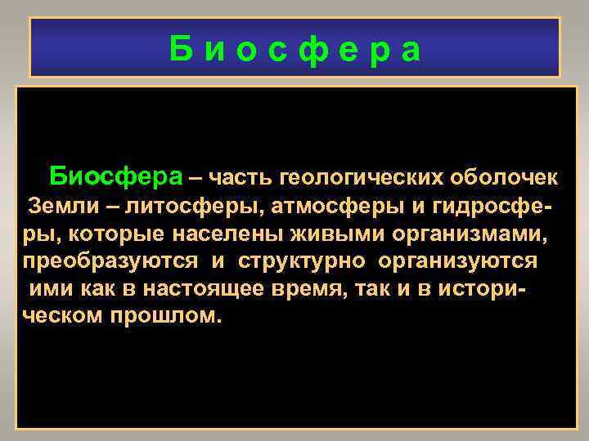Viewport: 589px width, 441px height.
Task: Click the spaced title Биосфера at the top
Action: click(295, 49)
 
